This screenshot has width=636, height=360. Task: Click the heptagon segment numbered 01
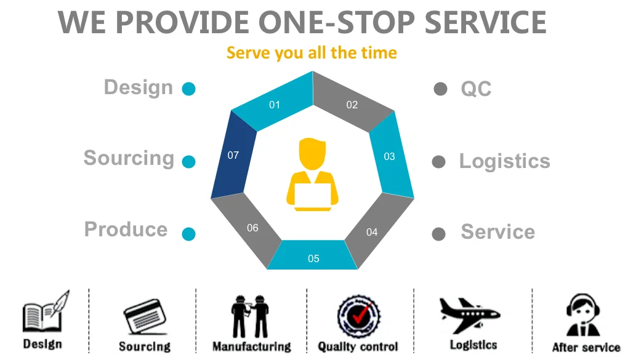pos(275,103)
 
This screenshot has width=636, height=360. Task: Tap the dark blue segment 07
pos(233,155)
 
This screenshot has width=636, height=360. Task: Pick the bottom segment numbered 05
pos(313,257)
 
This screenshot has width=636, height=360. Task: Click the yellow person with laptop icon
pos(313,175)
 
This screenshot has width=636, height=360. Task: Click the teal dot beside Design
pos(189,89)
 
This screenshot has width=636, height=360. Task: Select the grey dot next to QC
pos(440,89)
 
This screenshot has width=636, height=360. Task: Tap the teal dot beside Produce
pos(189,234)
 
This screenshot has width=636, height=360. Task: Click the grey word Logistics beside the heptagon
pos(504,161)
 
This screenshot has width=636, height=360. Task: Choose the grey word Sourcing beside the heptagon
pos(129,158)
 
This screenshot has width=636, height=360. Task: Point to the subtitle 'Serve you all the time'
pos(312,53)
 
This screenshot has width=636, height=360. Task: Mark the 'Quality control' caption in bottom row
pos(358,347)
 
